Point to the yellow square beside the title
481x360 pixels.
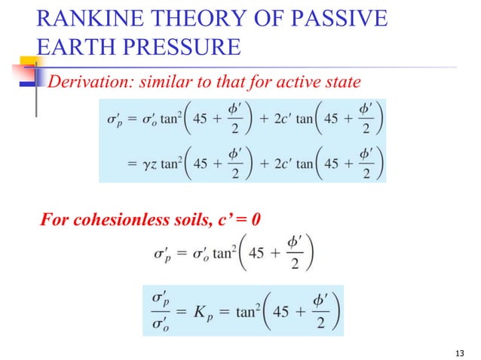[x=29, y=63]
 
